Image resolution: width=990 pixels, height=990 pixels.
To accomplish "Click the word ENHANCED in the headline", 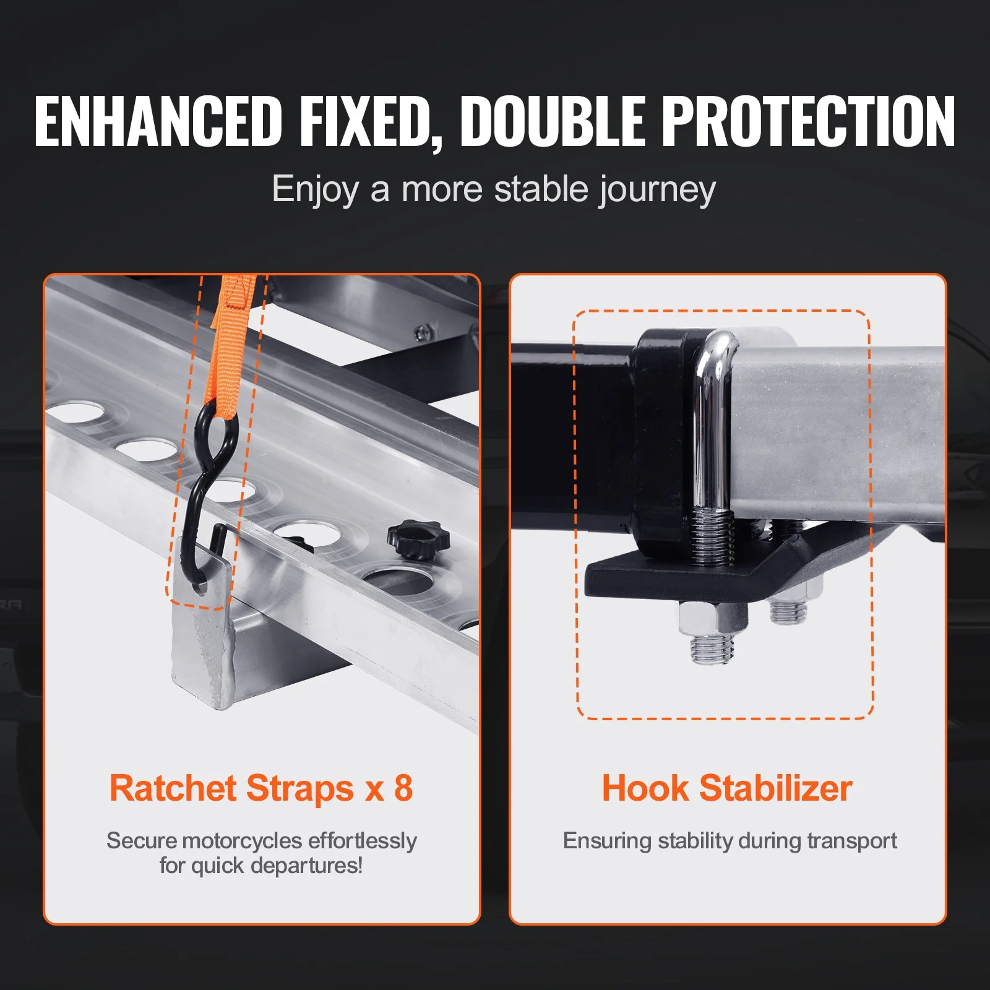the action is (158, 121).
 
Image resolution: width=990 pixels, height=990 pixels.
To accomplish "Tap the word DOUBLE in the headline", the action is (553, 121).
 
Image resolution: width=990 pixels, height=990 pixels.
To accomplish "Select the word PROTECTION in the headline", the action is (809, 121).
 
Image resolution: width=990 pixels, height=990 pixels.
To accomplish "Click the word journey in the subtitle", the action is (657, 190).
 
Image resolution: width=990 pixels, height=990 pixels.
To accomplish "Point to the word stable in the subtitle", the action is (541, 188).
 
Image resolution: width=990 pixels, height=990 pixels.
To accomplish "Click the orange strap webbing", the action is (230, 346).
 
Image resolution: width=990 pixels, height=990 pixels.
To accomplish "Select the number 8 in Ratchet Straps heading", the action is (403, 788).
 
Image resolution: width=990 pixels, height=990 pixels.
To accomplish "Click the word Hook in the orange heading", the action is (645, 788).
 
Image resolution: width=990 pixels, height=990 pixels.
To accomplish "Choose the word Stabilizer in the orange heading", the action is (776, 788).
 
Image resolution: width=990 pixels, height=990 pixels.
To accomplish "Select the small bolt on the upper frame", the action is (423, 333).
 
